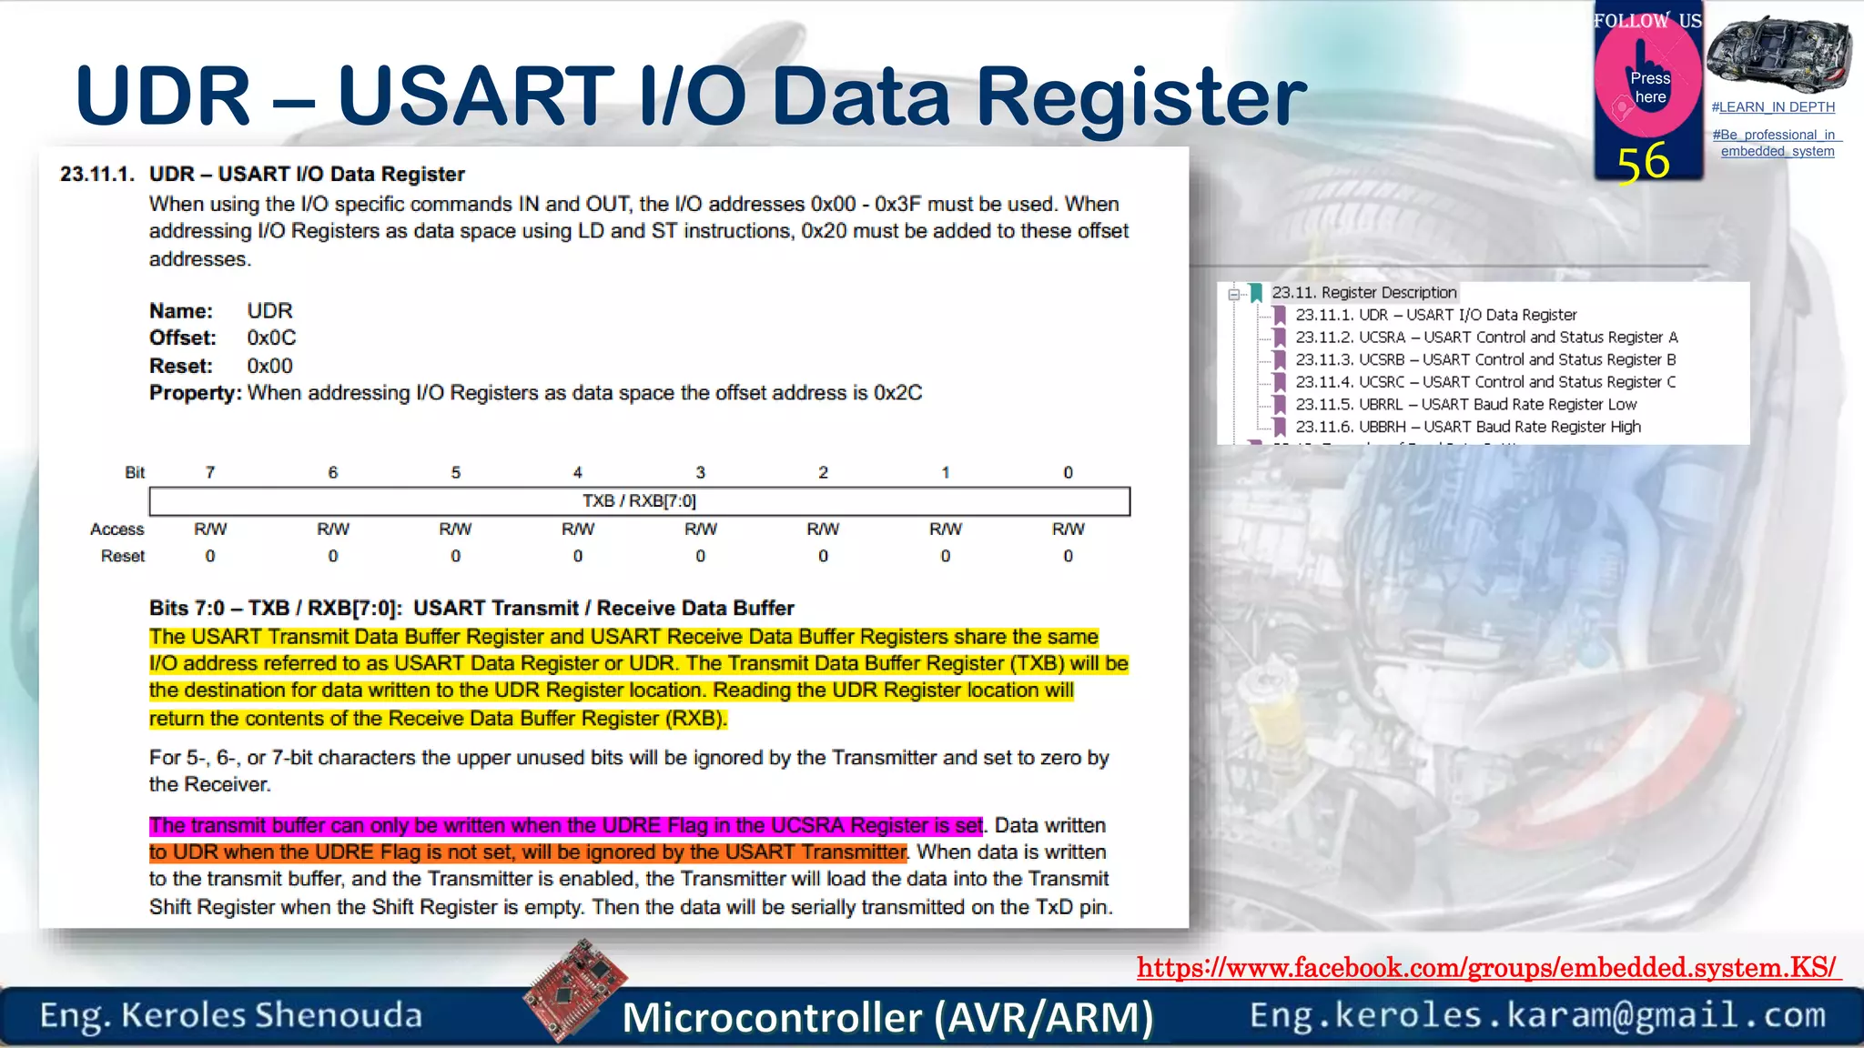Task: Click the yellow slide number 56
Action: [1643, 163]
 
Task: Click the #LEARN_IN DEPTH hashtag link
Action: [1772, 107]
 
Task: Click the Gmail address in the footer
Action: [1536, 1015]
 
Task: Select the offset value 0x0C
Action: [271, 338]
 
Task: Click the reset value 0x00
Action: [269, 367]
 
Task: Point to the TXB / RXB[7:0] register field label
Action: [639, 501]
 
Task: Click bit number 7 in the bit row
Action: [210, 473]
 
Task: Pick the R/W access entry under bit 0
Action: [1068, 529]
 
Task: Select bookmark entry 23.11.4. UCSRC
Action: [1484, 382]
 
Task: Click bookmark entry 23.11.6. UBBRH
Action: [1467, 427]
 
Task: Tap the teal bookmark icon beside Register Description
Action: [1256, 293]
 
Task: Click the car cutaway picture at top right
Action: [1778, 53]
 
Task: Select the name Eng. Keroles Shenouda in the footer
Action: [231, 1015]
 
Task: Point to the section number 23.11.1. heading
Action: [97, 175]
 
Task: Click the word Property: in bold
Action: [195, 393]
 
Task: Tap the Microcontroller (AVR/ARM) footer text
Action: [887, 1018]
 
